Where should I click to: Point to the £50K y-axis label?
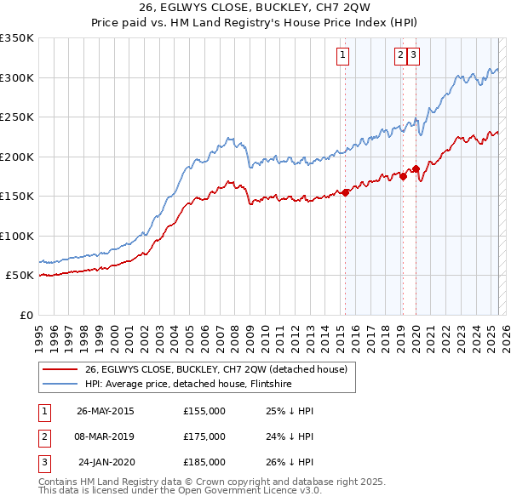click(20, 276)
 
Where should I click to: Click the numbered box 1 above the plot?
click(342, 56)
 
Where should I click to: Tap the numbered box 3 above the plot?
click(414, 56)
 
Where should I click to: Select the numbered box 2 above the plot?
click(400, 56)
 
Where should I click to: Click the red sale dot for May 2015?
click(346, 193)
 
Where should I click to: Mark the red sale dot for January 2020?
click(416, 168)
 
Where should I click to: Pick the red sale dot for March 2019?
click(403, 177)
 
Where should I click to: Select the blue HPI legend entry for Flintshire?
click(188, 385)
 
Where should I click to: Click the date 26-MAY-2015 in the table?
click(105, 411)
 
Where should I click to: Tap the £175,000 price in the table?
click(204, 436)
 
